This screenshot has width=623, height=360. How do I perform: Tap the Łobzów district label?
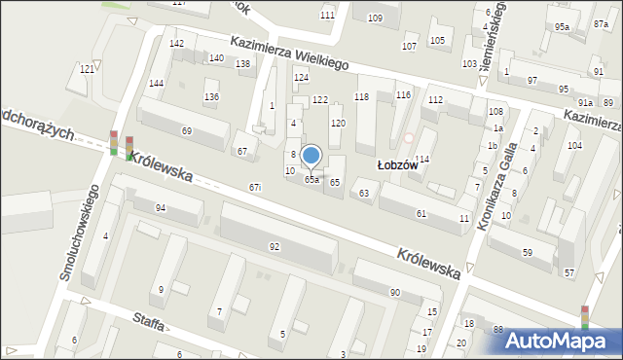398,165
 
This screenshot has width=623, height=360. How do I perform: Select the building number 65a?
311,180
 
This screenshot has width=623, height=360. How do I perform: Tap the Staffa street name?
142,323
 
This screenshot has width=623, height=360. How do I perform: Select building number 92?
275,247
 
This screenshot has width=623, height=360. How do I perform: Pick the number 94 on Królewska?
161,208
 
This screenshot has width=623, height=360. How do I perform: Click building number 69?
186,130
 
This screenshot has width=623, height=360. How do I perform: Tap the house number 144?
156,84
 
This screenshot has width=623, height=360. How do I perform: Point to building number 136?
211,96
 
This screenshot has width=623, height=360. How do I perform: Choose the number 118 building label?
361,96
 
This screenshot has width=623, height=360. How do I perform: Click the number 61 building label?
421,213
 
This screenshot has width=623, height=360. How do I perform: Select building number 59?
527,253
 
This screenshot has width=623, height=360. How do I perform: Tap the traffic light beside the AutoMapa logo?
584,318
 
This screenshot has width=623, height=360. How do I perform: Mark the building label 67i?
254,187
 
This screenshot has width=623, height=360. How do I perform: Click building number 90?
394,293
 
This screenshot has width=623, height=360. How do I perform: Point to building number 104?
574,145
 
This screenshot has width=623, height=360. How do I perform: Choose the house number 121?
88,69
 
